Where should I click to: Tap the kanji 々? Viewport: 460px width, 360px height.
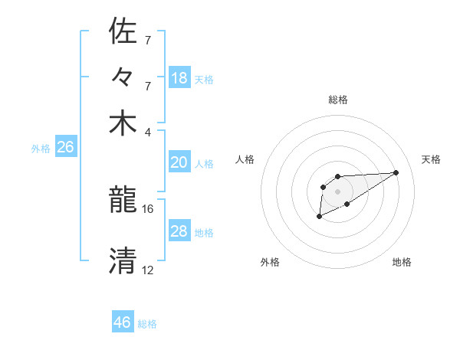tap(123, 78)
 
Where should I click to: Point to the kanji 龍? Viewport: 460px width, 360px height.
tap(123, 201)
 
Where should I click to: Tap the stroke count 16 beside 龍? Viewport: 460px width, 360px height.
tap(148, 208)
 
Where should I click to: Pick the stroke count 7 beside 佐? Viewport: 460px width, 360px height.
tap(148, 39)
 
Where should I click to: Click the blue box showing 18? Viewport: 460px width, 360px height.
tap(179, 78)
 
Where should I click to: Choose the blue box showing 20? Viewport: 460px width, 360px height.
tap(179, 162)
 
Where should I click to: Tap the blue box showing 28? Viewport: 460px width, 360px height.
tap(179, 231)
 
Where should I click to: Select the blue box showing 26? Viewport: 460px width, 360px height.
tap(65, 148)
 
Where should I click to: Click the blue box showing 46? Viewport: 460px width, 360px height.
tap(123, 322)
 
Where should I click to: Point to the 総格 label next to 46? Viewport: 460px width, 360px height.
tap(148, 324)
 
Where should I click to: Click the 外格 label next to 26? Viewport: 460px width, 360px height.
tap(41, 149)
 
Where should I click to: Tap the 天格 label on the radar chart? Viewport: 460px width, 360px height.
tap(432, 159)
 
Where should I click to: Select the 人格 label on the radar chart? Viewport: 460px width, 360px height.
tap(245, 159)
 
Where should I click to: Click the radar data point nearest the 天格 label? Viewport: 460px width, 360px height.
tap(396, 172)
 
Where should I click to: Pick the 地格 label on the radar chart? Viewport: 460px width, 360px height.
tap(402, 262)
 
